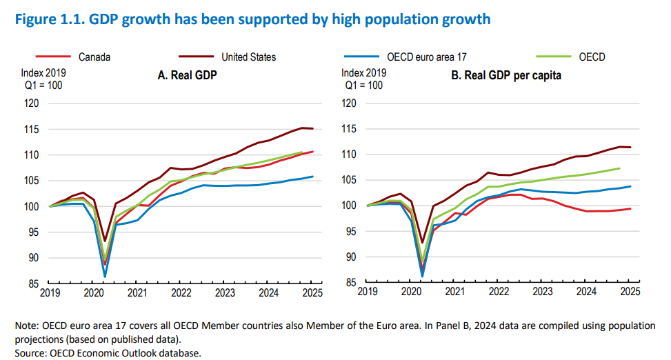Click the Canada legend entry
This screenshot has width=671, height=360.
(x=94, y=57)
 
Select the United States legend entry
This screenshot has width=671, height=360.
(x=249, y=57)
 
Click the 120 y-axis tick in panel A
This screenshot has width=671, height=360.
(x=32, y=103)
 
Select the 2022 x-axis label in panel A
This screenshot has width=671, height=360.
(x=181, y=292)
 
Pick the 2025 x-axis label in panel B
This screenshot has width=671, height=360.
(x=629, y=292)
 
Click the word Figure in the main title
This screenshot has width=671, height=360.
(x=28, y=19)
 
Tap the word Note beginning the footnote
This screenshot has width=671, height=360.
(x=21, y=325)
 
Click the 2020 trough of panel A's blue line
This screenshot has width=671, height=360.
(x=105, y=277)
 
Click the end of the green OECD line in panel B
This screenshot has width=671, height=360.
(x=619, y=168)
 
